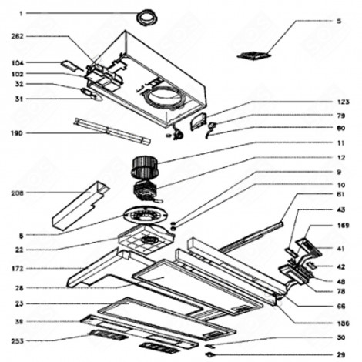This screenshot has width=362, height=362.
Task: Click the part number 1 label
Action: click(x=21, y=13)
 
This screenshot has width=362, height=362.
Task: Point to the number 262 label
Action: click(x=18, y=35)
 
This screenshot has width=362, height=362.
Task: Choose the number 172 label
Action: click(x=18, y=268)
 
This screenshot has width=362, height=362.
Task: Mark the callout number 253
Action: click(x=18, y=340)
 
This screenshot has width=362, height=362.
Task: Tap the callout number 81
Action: click(x=339, y=196)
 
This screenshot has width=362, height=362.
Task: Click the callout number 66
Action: click(x=339, y=306)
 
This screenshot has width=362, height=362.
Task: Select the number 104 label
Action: click(x=18, y=61)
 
